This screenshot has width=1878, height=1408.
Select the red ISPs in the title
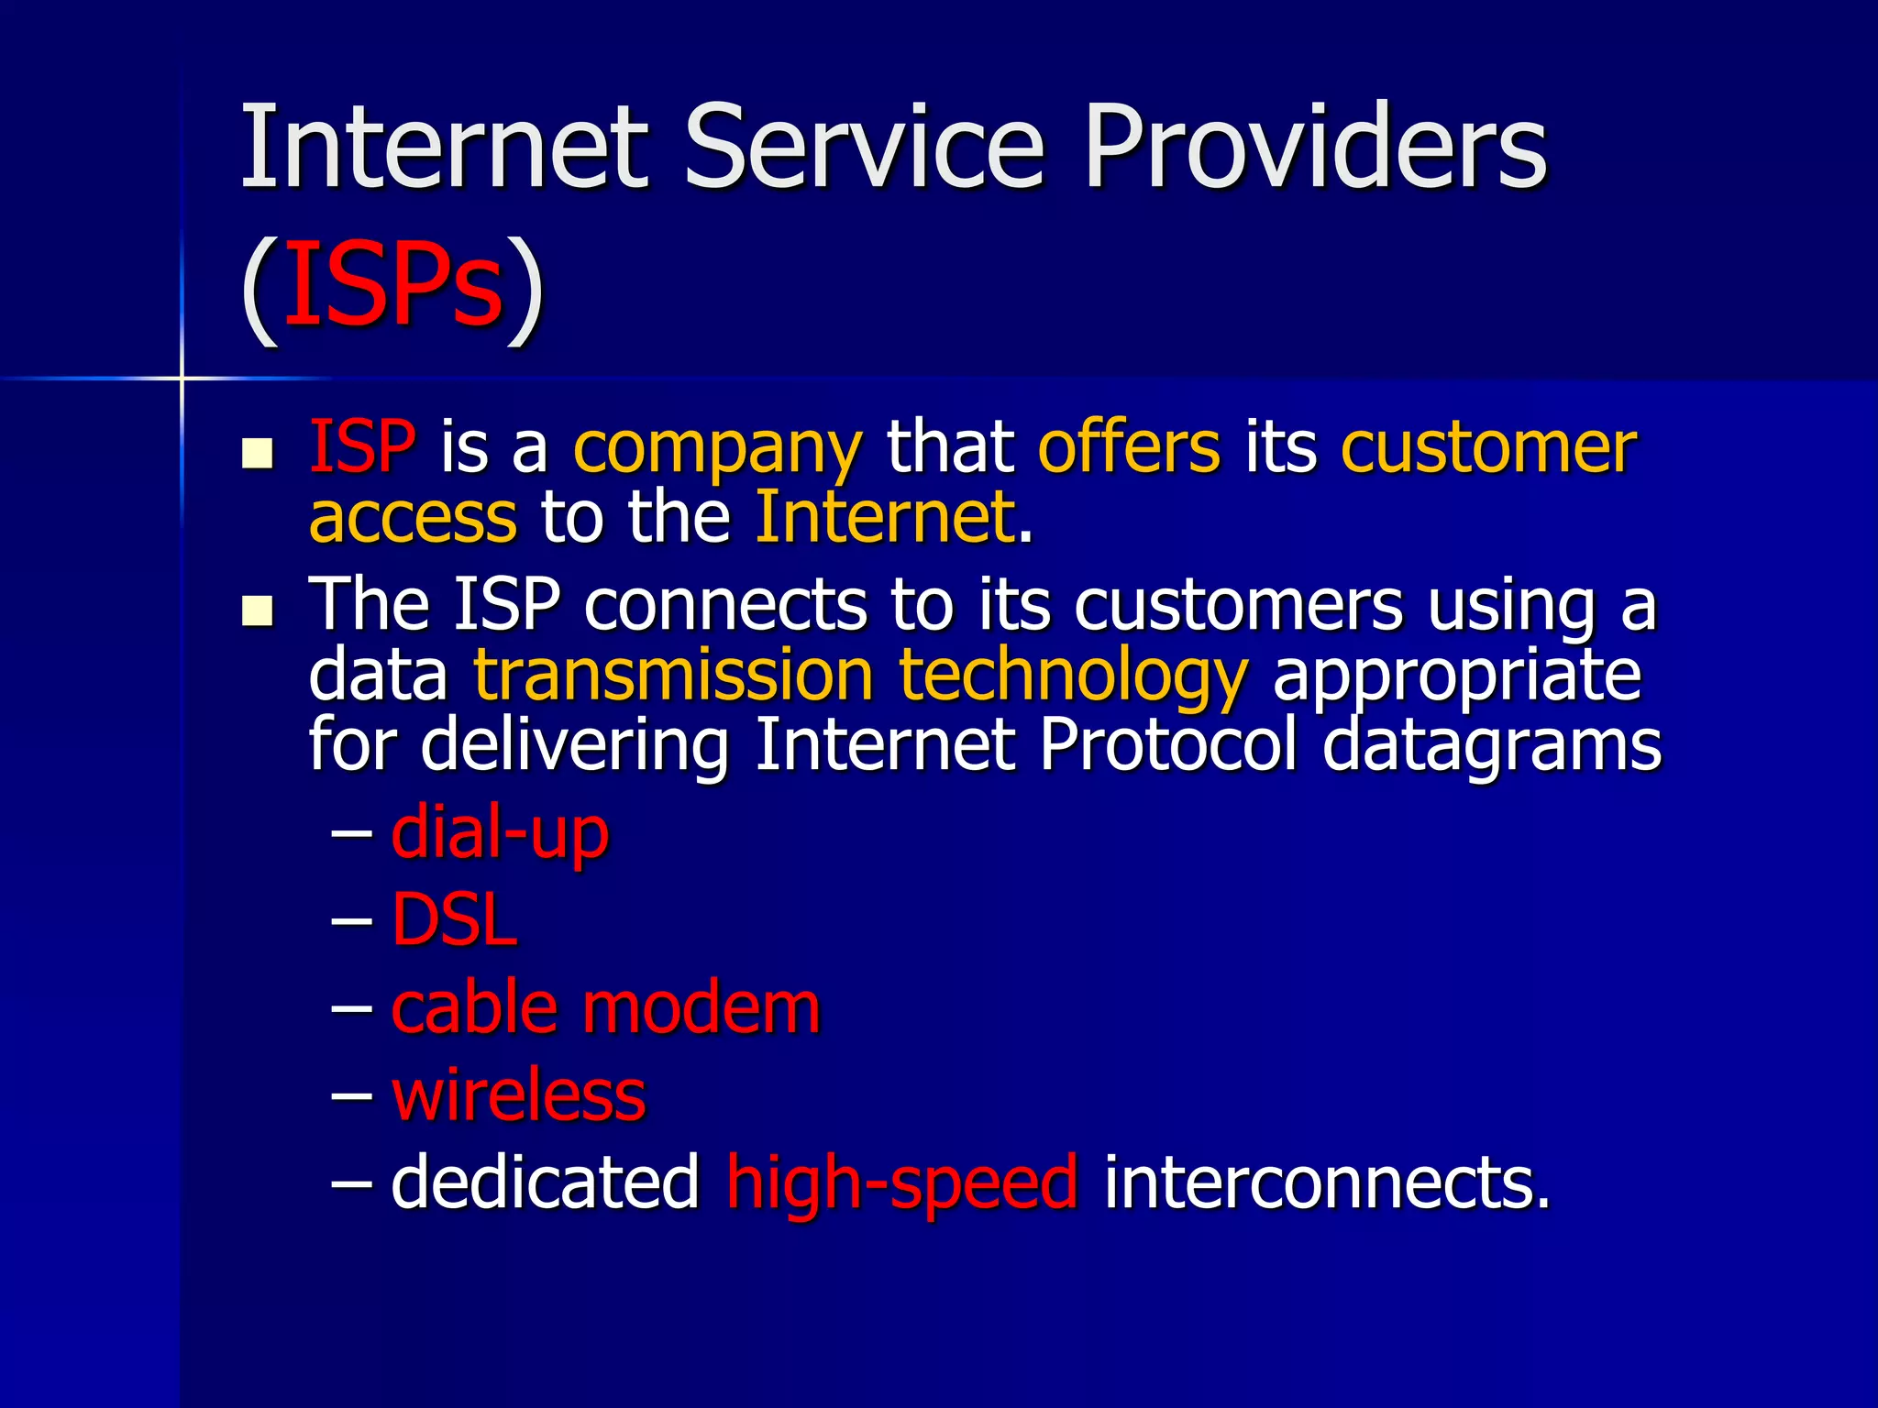[x=393, y=284]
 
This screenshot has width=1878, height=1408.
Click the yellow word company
[x=717, y=449]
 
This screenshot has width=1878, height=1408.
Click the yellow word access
[x=413, y=518]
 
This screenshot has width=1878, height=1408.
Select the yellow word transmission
[x=673, y=676]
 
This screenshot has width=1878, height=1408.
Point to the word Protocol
[x=1169, y=744]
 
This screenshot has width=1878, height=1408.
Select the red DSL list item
[x=454, y=919]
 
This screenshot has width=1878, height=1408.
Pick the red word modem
[x=701, y=1008]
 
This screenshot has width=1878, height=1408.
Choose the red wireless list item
[x=519, y=1094]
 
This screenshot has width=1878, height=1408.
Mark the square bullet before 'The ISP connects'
[x=258, y=611]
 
